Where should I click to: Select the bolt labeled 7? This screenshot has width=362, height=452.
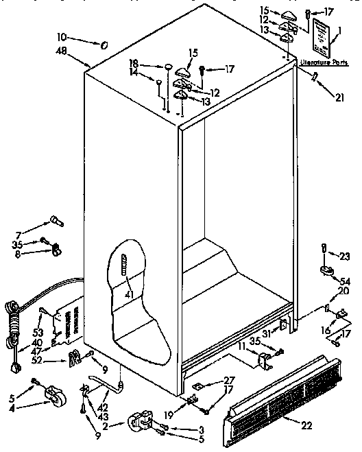55,220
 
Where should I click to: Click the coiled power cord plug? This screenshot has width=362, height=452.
13,322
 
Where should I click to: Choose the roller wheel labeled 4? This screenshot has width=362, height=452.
51,396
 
